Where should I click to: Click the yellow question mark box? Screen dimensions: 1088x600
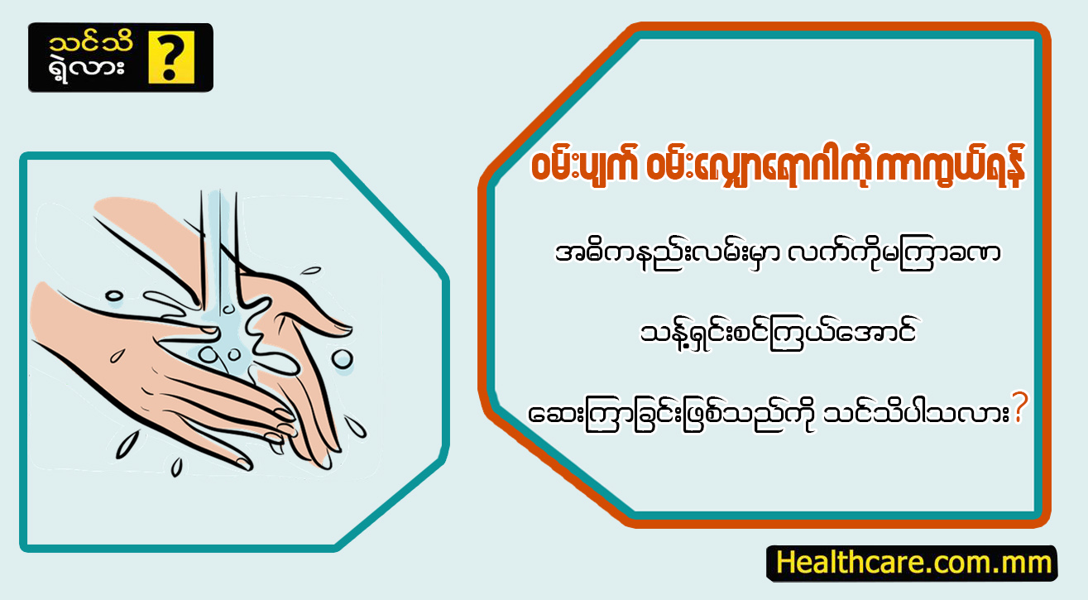(171, 57)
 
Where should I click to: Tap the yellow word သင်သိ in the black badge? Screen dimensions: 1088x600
(91, 43)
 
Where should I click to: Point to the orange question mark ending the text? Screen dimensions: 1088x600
(1019, 407)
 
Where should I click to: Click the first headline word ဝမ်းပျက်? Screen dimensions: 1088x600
(583, 166)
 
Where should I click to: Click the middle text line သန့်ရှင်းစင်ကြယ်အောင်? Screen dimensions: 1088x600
(778, 334)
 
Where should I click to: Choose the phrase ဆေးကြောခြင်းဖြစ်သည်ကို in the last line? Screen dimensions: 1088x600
(671, 415)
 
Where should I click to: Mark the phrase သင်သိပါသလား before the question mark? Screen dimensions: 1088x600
(916, 415)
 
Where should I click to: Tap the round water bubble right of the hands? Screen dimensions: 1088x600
(343, 360)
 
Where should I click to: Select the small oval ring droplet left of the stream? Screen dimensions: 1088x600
(114, 295)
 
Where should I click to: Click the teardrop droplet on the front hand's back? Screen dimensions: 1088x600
(116, 356)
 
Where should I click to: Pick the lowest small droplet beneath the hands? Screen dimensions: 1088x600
(177, 468)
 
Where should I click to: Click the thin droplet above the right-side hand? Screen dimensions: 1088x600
(311, 270)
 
